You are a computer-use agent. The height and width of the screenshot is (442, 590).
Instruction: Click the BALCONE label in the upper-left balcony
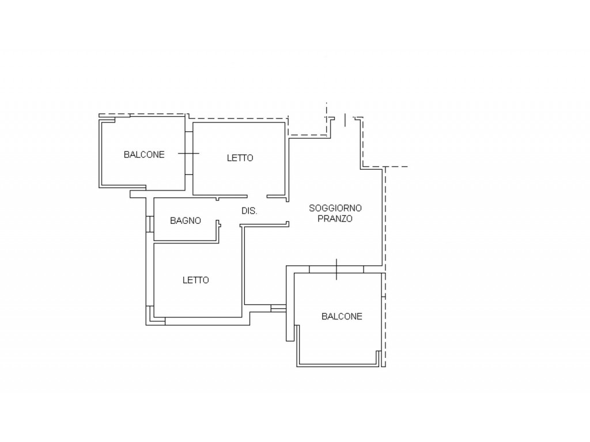coord(144,154)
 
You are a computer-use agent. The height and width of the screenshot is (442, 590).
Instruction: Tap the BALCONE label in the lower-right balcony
coord(342,317)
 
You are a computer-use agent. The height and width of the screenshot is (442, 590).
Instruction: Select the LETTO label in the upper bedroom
coord(240,158)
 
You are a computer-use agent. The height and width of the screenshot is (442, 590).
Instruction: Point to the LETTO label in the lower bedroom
coord(196,280)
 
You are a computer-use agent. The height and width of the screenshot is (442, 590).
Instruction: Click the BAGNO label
coord(186,220)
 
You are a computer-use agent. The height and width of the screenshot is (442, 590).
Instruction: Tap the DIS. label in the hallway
coord(249,211)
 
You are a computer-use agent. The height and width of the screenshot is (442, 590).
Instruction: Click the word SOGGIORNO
coord(335,208)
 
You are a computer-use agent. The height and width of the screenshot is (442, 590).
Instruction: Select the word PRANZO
coord(335,218)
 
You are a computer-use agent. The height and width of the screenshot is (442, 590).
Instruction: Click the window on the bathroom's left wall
coord(150,224)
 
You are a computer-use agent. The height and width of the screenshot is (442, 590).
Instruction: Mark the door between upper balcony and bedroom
coord(189,153)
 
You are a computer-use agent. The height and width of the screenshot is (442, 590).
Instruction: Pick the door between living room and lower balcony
coord(336,269)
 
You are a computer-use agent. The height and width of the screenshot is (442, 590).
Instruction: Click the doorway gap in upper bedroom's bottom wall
coord(257,196)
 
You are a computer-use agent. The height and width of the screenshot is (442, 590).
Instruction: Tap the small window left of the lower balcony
coord(278,308)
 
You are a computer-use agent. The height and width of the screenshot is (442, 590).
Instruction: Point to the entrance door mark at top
coord(345,120)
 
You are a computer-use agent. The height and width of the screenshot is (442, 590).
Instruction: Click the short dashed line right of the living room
coord(396,166)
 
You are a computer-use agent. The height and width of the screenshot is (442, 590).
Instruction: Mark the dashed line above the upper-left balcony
coord(142,115)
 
